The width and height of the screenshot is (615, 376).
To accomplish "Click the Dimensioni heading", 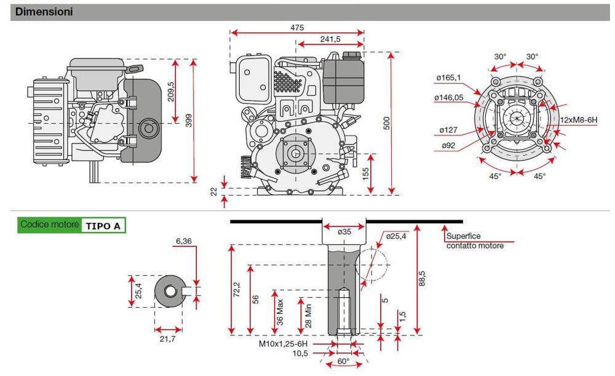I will [x=44, y=12].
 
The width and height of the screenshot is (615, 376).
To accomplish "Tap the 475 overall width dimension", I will [x=297, y=28].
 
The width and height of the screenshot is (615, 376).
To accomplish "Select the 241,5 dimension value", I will [x=330, y=39].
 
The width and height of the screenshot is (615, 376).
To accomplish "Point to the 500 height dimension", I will [x=387, y=123].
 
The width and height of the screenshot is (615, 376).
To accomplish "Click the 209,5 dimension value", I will [x=171, y=92].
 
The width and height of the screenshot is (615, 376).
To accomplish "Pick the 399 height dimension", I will [x=189, y=121].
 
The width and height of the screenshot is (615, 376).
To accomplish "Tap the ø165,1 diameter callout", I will [x=449, y=78].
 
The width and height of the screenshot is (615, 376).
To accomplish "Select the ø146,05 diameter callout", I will [x=449, y=97].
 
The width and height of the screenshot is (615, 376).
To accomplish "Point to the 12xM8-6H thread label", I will [x=584, y=119].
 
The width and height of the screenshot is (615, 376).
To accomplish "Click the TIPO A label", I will [x=103, y=226].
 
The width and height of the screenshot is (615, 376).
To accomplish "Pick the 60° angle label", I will [x=343, y=361].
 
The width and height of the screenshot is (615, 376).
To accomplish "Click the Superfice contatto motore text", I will [x=475, y=241].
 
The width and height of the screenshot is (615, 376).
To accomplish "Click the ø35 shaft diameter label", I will [x=345, y=231].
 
